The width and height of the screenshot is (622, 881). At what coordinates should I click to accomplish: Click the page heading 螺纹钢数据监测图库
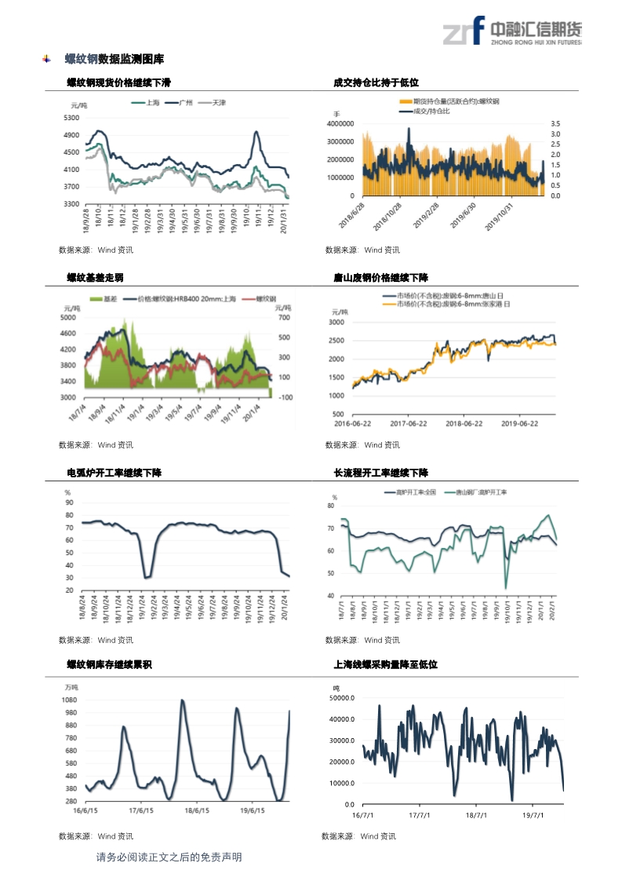coord(114,59)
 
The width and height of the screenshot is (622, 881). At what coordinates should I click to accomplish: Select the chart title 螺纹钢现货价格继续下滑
coord(118,82)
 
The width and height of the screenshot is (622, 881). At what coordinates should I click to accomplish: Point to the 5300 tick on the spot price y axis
coord(71,118)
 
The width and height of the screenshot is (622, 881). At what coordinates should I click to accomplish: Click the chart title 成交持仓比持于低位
coord(376,82)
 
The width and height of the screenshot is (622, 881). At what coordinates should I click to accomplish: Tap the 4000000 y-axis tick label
coord(340,124)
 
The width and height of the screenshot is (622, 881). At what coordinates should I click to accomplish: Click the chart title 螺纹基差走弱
coord(95,277)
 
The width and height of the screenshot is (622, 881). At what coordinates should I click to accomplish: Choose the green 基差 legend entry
coord(107,299)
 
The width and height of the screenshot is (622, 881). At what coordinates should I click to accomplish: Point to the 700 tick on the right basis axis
coord(284,318)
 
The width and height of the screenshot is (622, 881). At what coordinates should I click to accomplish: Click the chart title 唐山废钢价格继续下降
coord(381,277)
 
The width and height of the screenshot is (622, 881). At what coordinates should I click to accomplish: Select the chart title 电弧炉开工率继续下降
coord(114,473)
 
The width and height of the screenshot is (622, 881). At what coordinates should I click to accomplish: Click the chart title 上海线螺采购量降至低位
coord(385,664)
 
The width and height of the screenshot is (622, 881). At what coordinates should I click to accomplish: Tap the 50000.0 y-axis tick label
coord(344,697)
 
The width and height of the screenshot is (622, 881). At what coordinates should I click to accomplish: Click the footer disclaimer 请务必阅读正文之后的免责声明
coord(169,857)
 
